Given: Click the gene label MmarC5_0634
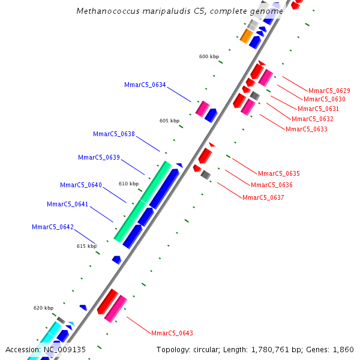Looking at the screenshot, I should tap(145, 85).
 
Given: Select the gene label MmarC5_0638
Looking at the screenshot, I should tap(114, 134).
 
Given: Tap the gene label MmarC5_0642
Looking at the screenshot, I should tap(53, 227).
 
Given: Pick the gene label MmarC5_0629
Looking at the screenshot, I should tap(329, 91).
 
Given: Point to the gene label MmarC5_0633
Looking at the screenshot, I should tap(307, 129).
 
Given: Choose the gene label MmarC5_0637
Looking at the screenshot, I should tap(263, 197).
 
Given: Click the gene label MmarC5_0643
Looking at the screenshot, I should tap(172, 333).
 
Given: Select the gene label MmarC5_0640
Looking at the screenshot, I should tap(81, 185).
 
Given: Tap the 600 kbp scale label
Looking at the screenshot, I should tap(209, 56).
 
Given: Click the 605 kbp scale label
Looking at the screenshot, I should tap(169, 121).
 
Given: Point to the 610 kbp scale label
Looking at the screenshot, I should tap(128, 184).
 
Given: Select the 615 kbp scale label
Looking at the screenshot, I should tap(86, 246).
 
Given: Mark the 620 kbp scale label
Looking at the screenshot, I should tap(43, 308).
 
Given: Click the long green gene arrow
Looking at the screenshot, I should tap(142, 202).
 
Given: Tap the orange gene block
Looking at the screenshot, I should tap(246, 36).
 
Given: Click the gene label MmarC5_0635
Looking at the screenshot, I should tap(279, 173).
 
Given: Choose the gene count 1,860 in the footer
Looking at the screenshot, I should tap(343, 349).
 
